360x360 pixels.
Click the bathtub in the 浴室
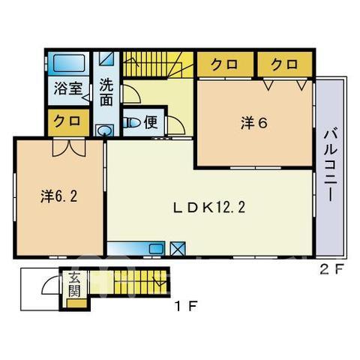point(69,64)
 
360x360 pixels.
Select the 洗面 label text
point(106,92)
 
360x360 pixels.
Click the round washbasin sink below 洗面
point(105,130)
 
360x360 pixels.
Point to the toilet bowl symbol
point(132,123)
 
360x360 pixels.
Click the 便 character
point(151,122)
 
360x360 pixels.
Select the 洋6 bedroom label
point(254,123)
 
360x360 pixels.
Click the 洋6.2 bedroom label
point(58,196)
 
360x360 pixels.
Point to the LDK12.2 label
point(209,208)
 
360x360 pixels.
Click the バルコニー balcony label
point(331,166)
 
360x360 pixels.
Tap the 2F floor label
point(331,269)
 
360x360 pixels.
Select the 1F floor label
point(186,306)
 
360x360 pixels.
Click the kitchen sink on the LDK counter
point(156,249)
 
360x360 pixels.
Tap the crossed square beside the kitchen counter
point(178,249)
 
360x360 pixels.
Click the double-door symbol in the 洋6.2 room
point(69,148)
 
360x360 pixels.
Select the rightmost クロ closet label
point(285,64)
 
